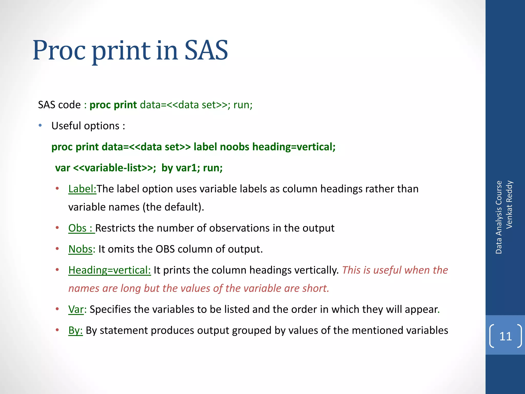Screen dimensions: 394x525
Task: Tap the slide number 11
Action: point(505,336)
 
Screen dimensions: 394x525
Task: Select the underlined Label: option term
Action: point(82,189)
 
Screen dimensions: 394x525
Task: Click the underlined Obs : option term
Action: point(81,228)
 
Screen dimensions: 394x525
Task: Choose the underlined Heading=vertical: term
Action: point(109,270)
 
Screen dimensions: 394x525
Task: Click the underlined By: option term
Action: point(75,331)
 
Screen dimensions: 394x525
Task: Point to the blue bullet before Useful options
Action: point(40,126)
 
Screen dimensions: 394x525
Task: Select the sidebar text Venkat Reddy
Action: point(509,204)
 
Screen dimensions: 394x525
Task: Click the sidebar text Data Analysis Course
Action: point(499,217)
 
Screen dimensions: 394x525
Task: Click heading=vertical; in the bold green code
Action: point(294,147)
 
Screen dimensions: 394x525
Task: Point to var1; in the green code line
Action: point(188,168)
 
